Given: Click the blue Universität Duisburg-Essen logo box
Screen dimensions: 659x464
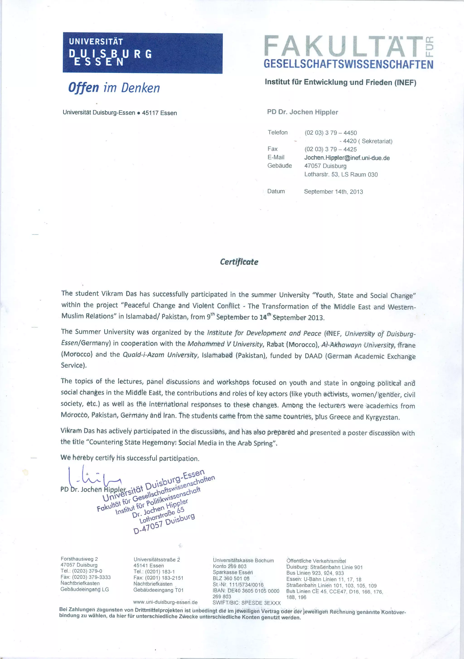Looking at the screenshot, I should tap(143, 53).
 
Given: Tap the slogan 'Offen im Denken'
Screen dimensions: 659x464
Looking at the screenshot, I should tap(114, 88).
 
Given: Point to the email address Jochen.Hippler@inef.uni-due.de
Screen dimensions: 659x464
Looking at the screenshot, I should tap(347, 158).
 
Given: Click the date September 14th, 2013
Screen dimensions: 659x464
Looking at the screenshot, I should tap(333, 192).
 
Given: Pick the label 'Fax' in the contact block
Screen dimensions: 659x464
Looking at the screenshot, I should tap(273, 149).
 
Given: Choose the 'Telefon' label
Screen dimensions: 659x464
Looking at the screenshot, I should tap(277, 132).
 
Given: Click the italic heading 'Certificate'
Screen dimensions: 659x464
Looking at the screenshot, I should tap(239, 262).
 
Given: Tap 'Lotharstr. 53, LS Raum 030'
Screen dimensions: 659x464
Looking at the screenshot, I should tap(341, 175).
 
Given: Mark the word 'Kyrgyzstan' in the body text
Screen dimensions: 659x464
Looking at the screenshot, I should tap(382, 417).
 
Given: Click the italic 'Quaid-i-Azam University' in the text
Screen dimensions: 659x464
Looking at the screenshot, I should tap(160, 355).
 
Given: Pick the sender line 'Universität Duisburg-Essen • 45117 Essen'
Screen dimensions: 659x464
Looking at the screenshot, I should tap(120, 113).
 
